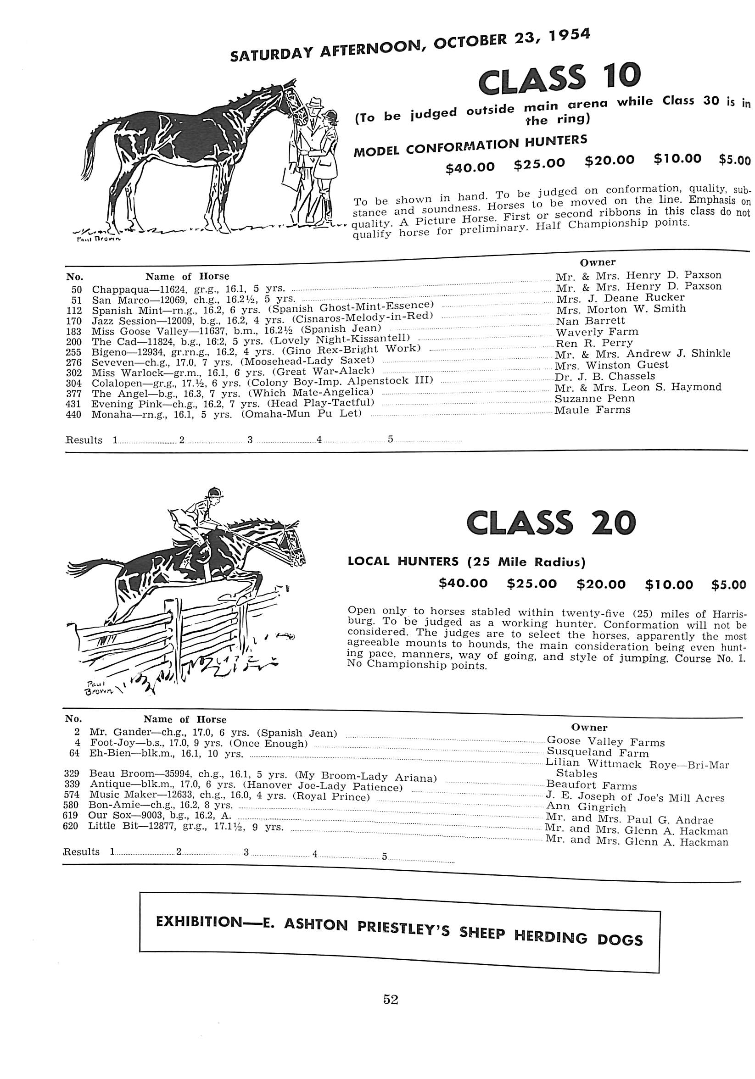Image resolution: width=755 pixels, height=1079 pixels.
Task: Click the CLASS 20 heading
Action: pos(550,523)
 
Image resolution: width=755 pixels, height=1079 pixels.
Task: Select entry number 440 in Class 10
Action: pos(75,415)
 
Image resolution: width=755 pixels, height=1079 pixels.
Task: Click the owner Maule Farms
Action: pos(593,410)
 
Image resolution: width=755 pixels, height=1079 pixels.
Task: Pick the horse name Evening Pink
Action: pos(112,404)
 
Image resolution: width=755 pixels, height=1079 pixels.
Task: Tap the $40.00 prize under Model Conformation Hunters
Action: pos(470,167)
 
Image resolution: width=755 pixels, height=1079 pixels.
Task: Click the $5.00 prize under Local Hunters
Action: pos(728,585)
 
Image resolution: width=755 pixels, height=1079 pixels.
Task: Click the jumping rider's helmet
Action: pos(215,492)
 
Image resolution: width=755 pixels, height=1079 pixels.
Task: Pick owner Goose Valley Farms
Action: pos(605,743)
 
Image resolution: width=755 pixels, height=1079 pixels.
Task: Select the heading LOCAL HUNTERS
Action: pos(403,561)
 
